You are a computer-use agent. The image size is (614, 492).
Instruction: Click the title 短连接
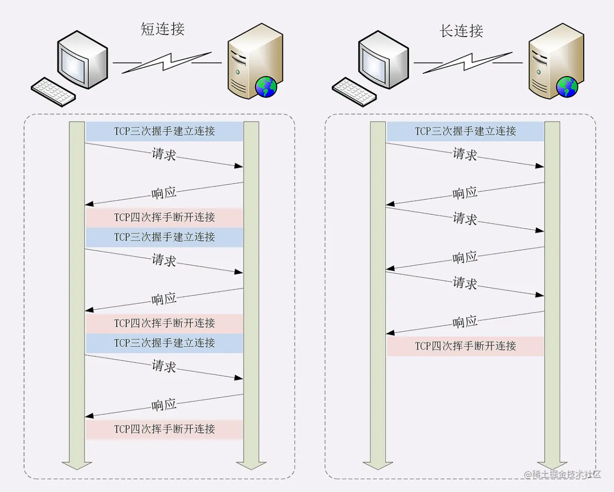162,29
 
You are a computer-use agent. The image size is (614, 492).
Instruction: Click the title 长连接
461,31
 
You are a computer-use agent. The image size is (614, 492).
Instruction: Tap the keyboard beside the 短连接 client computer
53,92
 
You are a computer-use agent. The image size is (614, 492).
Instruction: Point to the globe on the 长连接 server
567,87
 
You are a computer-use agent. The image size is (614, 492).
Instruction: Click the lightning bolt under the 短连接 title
166,63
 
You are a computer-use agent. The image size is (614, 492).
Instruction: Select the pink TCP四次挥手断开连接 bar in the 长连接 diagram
465,346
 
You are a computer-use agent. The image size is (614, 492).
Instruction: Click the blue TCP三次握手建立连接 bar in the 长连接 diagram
465,131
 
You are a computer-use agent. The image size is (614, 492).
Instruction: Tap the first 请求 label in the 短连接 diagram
164,154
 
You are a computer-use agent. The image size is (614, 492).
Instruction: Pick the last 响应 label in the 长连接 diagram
465,321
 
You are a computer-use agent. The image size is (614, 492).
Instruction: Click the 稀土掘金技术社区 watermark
563,474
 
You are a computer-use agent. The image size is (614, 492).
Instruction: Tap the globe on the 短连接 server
266,87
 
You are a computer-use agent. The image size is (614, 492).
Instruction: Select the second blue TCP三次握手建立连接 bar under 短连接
164,237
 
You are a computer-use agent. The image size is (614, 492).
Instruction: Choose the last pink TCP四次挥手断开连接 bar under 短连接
164,429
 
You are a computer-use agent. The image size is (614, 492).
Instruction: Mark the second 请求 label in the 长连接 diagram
465,218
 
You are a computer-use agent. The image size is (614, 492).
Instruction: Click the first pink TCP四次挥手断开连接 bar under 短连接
164,217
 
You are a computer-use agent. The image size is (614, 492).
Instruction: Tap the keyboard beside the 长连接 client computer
354,92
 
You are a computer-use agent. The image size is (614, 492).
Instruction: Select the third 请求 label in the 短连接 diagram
164,366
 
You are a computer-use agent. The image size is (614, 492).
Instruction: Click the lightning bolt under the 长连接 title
467,63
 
